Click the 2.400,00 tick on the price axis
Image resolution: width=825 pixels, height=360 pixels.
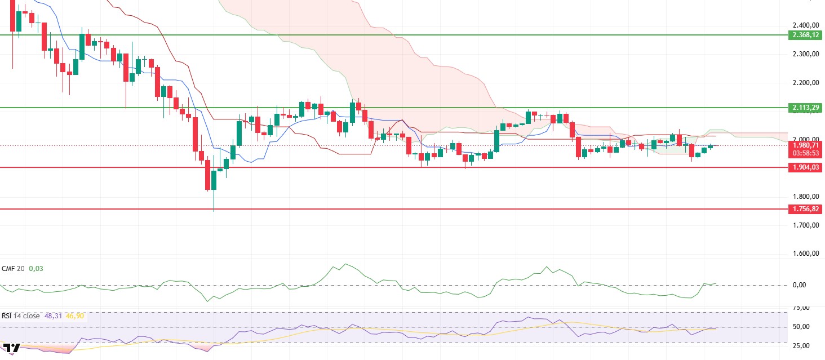click(x=805, y=25)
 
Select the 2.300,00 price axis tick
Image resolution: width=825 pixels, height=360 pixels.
click(x=805, y=54)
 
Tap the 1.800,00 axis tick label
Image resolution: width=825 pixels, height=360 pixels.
click(x=805, y=197)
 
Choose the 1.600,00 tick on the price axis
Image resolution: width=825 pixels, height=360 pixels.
click(x=805, y=254)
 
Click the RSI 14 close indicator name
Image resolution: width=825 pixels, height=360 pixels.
click(x=21, y=316)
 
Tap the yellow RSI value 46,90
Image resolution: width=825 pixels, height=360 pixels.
click(x=73, y=316)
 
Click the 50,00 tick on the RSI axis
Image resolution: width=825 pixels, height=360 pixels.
click(x=801, y=327)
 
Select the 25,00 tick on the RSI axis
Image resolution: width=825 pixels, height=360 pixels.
click(x=801, y=345)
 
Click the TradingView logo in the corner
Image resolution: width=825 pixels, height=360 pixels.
click(x=11, y=348)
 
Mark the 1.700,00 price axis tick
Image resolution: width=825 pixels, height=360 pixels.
click(x=805, y=225)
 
